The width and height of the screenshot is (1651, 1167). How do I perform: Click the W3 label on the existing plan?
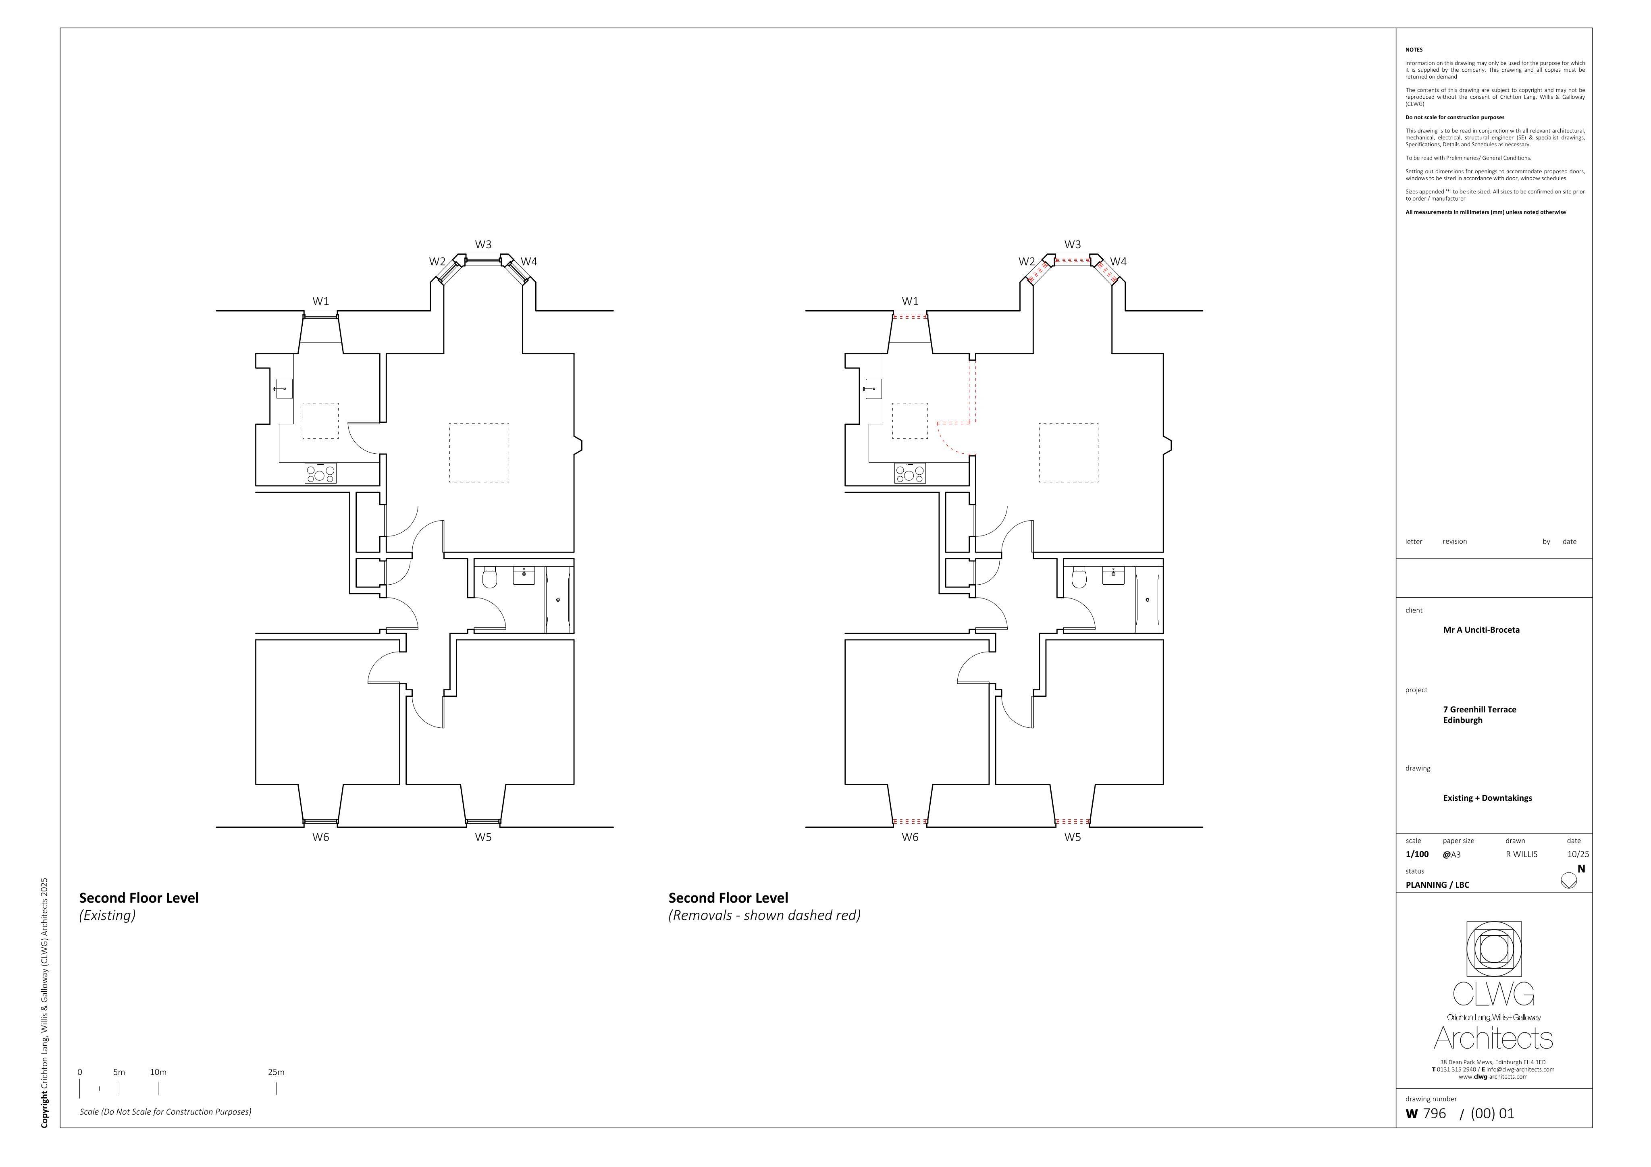(483, 245)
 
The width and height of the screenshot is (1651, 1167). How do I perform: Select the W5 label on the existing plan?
(483, 837)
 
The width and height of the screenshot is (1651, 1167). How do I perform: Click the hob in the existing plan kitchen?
(320, 473)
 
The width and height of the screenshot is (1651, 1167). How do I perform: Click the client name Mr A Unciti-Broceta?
(1481, 630)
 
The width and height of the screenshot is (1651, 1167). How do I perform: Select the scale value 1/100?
(1417, 854)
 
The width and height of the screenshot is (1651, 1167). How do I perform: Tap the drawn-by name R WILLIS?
(1522, 854)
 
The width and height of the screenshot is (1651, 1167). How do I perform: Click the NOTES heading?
(1414, 50)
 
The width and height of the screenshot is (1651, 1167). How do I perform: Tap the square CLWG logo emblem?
(1493, 949)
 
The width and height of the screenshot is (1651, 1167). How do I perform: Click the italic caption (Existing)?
(107, 915)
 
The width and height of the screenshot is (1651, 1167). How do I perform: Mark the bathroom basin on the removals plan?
(1113, 576)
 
